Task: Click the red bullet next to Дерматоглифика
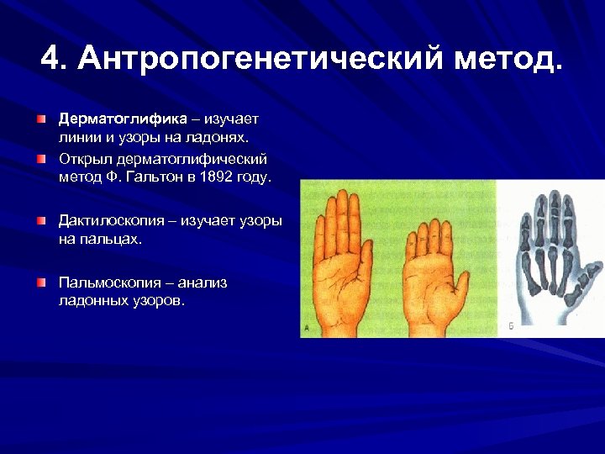[x=41, y=118]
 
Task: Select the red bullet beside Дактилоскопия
[x=41, y=220]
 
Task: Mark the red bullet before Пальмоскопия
[x=41, y=282]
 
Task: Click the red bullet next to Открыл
[x=41, y=158]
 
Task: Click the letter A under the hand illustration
[x=308, y=330]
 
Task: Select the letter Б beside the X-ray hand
[x=512, y=325]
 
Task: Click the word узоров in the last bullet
[x=154, y=301]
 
